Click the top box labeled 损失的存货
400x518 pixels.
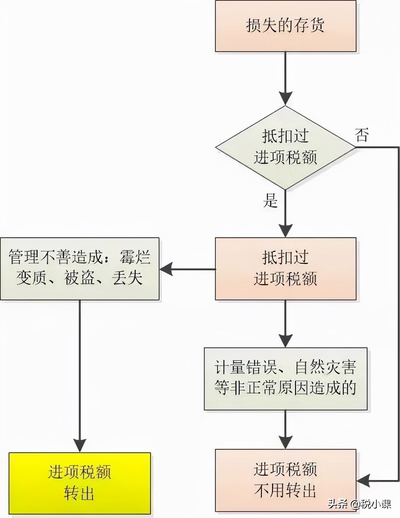(x=285, y=26)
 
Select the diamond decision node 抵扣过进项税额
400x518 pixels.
(x=285, y=148)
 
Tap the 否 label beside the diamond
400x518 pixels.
(x=362, y=136)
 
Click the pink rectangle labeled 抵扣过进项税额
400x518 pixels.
(x=285, y=268)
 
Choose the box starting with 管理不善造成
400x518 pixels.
(x=80, y=268)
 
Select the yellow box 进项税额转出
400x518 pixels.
(x=80, y=483)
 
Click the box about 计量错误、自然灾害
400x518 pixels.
(x=285, y=378)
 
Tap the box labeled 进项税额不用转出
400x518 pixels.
(x=285, y=480)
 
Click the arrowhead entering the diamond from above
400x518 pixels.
(x=285, y=98)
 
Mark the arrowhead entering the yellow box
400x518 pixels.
(x=80, y=445)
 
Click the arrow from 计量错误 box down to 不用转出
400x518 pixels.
(x=285, y=429)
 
